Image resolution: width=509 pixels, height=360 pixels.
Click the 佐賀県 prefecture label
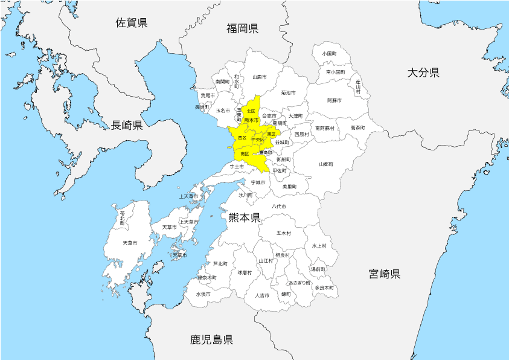(132, 23)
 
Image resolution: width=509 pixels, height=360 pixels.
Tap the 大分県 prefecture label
(423, 72)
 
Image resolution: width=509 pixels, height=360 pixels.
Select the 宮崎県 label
(385, 274)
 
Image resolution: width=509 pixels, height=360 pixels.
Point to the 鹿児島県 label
(211, 339)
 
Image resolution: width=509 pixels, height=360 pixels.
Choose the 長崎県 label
(127, 125)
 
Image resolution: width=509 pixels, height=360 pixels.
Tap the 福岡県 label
(243, 28)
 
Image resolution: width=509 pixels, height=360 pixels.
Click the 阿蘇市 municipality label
(334, 100)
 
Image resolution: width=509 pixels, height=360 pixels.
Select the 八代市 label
(278, 207)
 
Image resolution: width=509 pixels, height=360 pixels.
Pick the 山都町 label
(326, 164)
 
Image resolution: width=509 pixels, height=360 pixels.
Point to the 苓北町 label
(123, 219)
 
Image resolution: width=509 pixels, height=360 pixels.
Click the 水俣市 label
(203, 294)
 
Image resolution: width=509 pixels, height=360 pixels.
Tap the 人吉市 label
(262, 295)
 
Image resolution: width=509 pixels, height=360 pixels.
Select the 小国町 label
(329, 54)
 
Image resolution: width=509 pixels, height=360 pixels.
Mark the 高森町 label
(358, 128)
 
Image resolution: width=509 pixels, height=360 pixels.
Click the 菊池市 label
(289, 92)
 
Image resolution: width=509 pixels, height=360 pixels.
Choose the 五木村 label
(284, 233)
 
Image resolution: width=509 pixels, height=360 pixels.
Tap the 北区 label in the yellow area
(251, 111)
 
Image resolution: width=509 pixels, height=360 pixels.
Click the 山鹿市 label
(260, 77)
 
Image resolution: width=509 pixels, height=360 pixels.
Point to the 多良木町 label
(324, 288)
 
